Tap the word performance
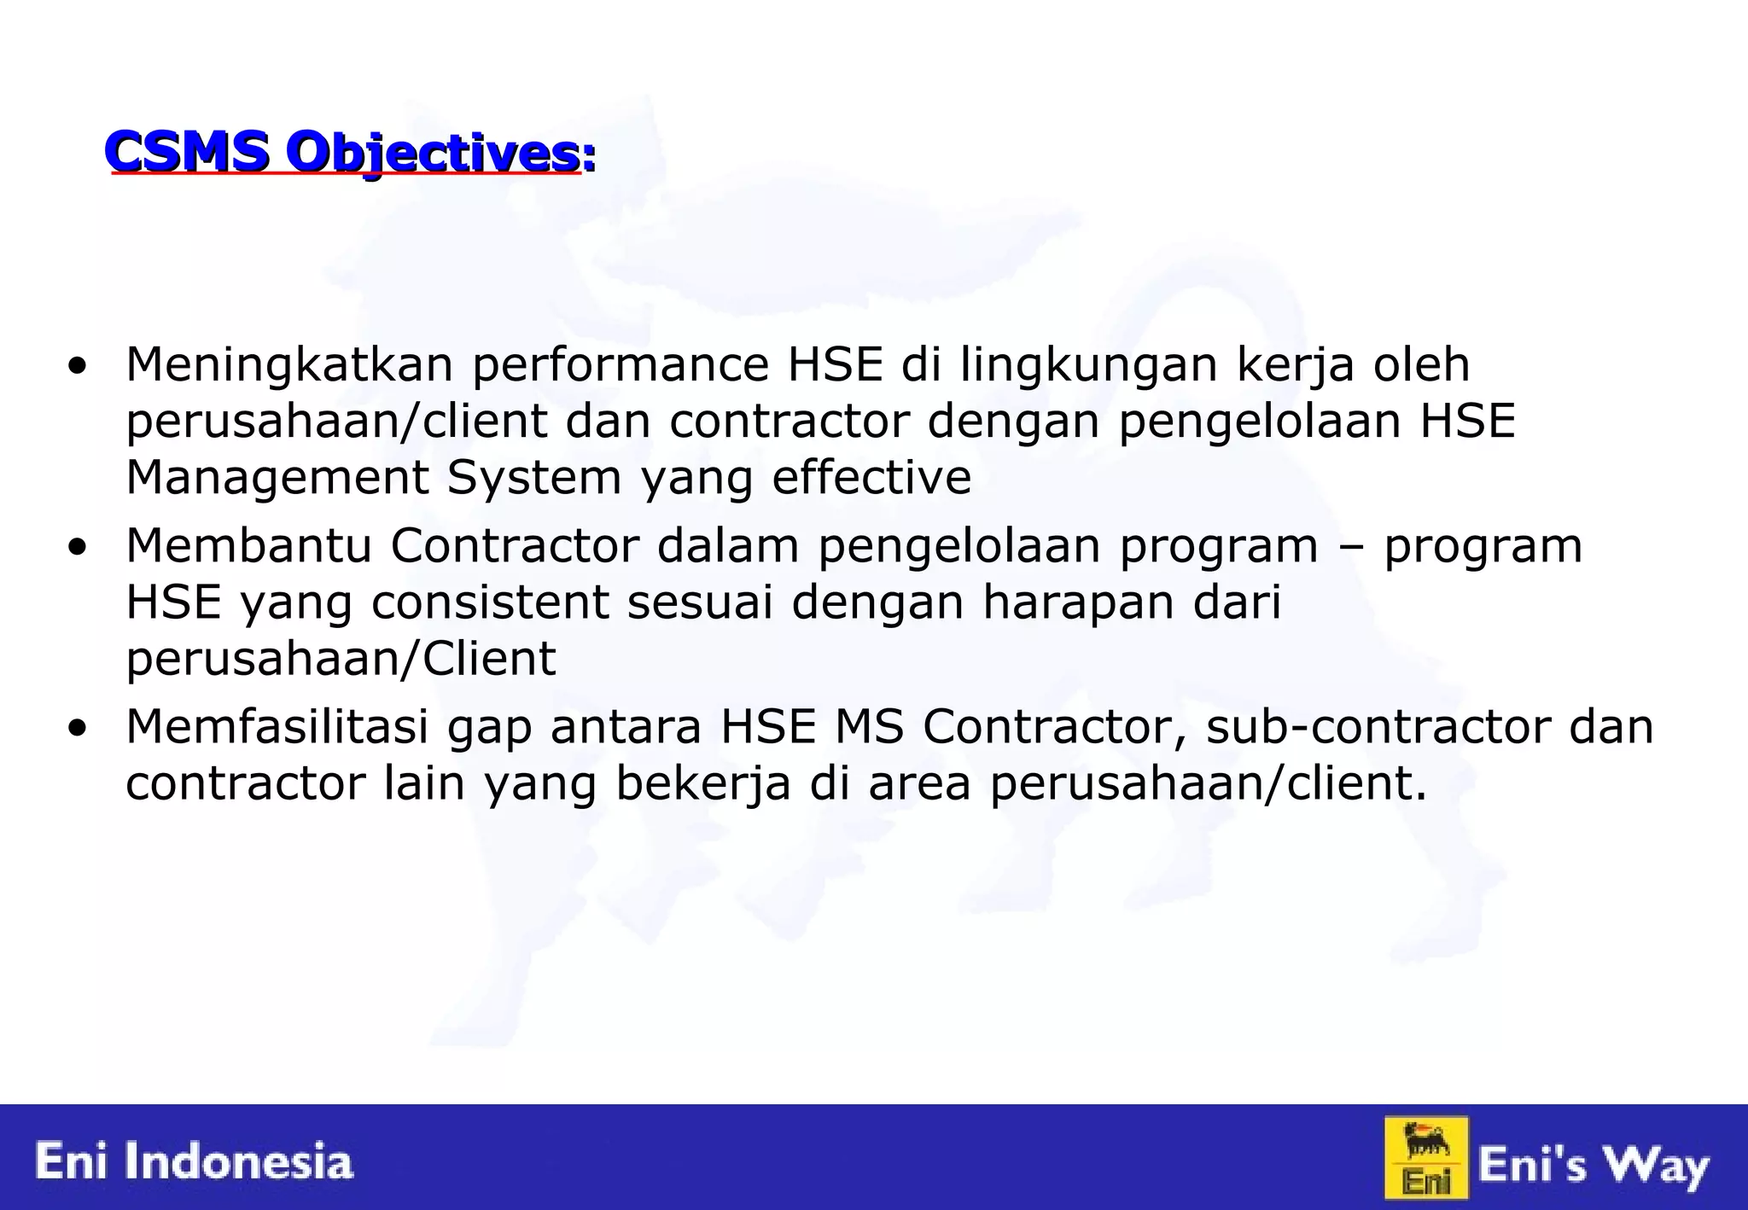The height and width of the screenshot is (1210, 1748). (x=621, y=365)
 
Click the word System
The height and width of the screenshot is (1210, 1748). (x=534, y=478)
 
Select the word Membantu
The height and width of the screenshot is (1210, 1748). (x=248, y=546)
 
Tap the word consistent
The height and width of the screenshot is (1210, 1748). (x=490, y=602)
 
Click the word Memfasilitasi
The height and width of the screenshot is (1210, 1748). (x=277, y=727)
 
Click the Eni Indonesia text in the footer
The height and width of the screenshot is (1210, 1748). (x=194, y=1162)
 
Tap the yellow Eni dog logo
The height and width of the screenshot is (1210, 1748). (x=1426, y=1157)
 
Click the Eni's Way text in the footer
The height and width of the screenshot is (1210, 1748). (x=1594, y=1166)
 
